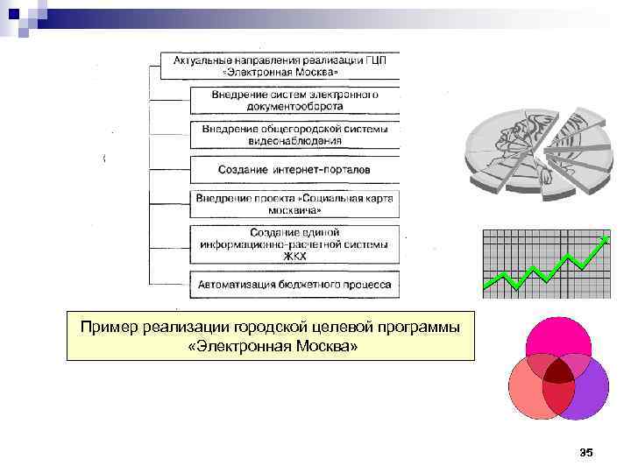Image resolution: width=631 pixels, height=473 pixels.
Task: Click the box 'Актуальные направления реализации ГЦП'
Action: [280, 66]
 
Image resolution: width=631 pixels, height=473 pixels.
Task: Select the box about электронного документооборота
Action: [294, 100]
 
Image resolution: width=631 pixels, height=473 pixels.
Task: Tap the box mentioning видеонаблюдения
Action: [294, 134]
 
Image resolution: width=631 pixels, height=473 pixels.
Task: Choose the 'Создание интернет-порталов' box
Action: [294, 168]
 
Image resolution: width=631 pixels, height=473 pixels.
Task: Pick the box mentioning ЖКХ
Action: [294, 244]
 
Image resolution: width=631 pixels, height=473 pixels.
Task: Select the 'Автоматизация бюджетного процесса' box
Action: [294, 285]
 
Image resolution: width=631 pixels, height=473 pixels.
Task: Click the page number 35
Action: [586, 453]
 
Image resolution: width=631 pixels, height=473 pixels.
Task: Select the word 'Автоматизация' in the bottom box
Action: [236, 285]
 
